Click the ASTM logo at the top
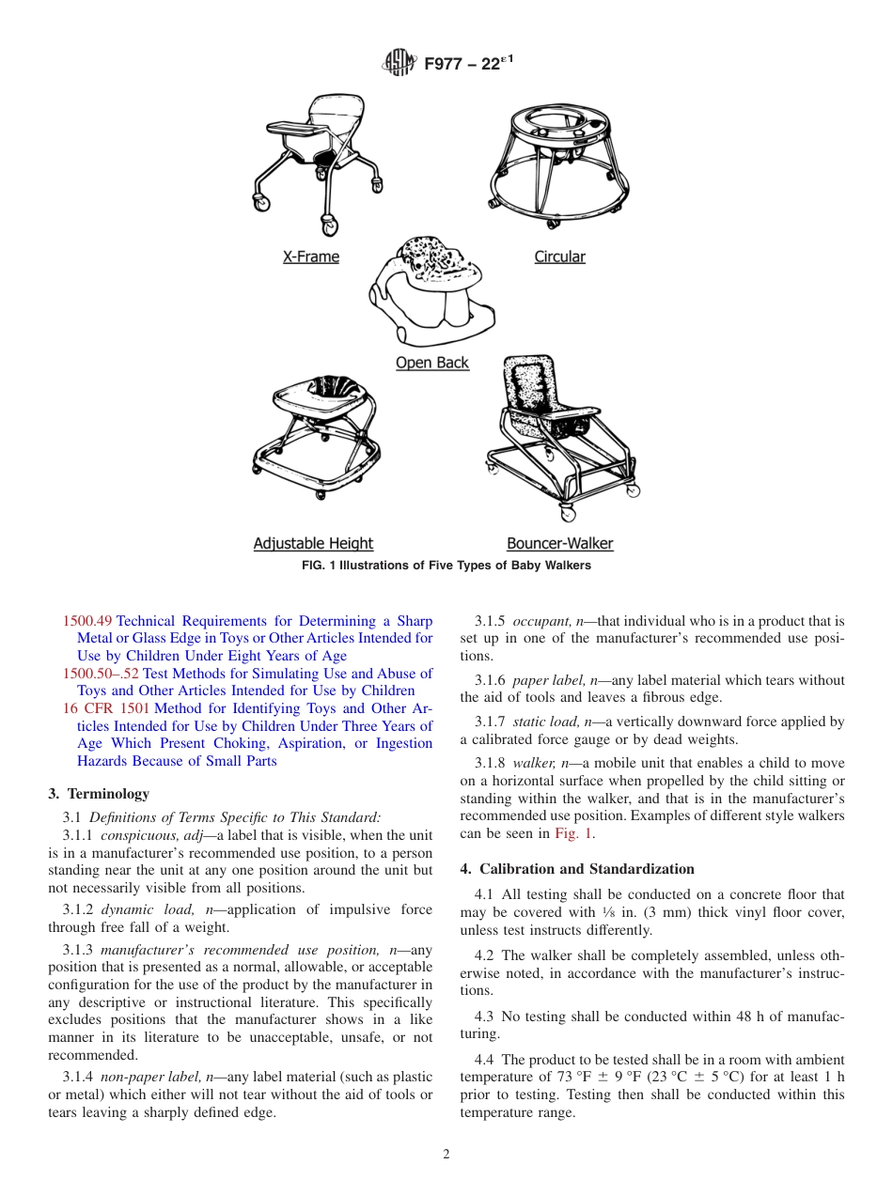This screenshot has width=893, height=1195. pyautogui.click(x=399, y=63)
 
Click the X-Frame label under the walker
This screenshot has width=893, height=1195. pyautogui.click(x=311, y=256)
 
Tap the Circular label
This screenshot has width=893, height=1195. pyautogui.click(x=559, y=256)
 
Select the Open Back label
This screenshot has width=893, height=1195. pyautogui.click(x=431, y=363)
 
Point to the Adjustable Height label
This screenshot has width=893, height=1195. pyautogui.click(x=313, y=543)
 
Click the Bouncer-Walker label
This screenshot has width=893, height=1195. pyautogui.click(x=559, y=543)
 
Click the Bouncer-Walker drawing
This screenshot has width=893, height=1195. pyautogui.click(x=559, y=437)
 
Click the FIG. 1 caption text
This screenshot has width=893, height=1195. pyautogui.click(x=446, y=566)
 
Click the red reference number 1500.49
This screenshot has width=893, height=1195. pyautogui.click(x=87, y=621)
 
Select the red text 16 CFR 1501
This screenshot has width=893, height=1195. pyautogui.click(x=106, y=708)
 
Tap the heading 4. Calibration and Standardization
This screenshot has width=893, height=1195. pyautogui.click(x=577, y=869)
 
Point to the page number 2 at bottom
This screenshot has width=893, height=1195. pyautogui.click(x=446, y=1155)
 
